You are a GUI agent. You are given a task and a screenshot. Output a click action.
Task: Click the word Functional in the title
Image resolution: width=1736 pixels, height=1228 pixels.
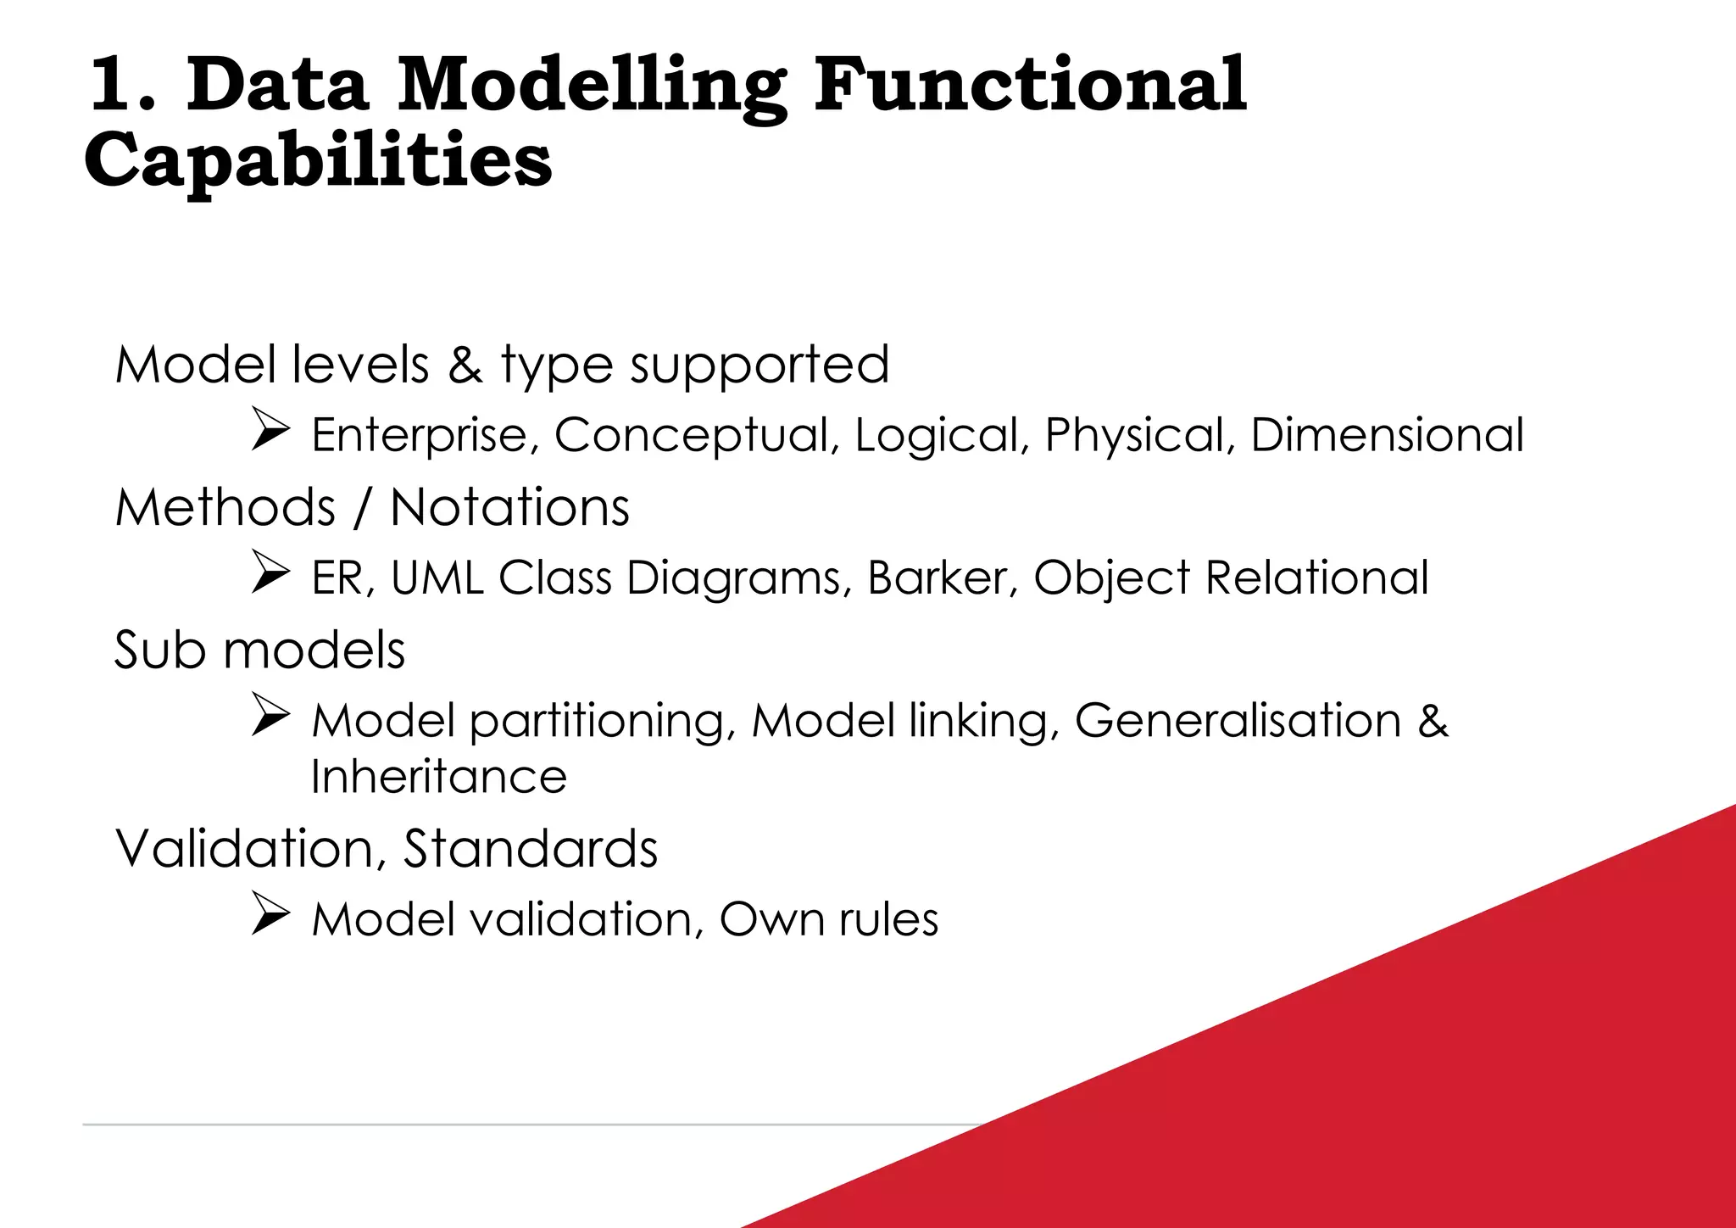coord(1030,85)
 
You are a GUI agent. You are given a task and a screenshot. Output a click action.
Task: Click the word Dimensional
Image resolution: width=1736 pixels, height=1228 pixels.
coord(1387,435)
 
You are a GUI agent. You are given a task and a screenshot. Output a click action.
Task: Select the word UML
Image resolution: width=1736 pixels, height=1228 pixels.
coord(437,578)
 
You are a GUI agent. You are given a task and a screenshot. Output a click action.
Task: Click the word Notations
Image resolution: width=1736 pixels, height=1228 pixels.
coord(509,507)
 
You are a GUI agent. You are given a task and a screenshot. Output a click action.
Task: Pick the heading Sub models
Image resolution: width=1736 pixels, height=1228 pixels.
coord(259,650)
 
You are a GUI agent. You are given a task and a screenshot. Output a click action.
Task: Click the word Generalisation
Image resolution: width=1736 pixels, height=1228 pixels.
coord(1238,721)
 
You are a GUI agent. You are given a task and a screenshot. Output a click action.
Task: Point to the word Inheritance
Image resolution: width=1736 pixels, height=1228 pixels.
coord(439,777)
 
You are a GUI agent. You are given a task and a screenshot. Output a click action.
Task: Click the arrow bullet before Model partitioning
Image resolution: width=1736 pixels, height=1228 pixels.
coord(271,716)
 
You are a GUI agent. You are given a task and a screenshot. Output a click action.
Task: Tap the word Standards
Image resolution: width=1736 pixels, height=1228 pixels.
coord(531,848)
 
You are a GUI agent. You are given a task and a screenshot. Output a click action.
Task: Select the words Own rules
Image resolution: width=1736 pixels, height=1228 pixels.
coord(828,919)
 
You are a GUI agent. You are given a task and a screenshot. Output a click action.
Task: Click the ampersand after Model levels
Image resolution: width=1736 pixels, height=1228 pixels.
coord(465,365)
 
